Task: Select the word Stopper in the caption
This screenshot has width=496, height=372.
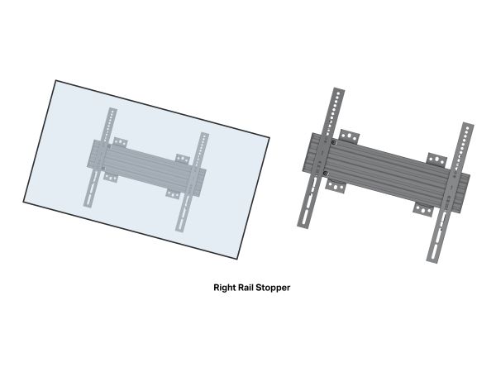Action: tap(273, 288)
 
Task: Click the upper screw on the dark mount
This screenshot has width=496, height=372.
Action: tap(334, 143)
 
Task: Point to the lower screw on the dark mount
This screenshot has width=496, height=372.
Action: tap(327, 174)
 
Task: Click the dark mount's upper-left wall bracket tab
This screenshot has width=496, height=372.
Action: tap(349, 136)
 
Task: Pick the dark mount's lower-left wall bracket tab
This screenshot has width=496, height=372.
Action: tap(336, 186)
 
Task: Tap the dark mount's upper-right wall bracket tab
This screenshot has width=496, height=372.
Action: tap(437, 159)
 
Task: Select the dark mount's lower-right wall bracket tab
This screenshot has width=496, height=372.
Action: tap(423, 209)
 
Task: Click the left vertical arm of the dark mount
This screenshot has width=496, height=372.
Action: tap(321, 158)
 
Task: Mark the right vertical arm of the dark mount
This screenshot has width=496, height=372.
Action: tap(450, 193)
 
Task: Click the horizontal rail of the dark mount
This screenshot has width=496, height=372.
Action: tap(386, 174)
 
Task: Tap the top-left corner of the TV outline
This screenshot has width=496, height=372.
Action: tap(55, 80)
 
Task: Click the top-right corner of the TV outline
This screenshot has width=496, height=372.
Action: tap(269, 137)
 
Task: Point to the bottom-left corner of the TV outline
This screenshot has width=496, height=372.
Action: tap(23, 202)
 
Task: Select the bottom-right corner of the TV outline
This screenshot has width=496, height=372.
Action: tap(237, 259)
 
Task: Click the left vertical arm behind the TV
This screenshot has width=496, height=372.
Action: tap(100, 158)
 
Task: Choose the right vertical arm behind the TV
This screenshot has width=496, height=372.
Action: tap(193, 182)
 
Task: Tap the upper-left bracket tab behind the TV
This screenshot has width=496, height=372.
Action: tap(120, 142)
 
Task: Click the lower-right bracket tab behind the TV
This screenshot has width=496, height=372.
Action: tap(173, 193)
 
